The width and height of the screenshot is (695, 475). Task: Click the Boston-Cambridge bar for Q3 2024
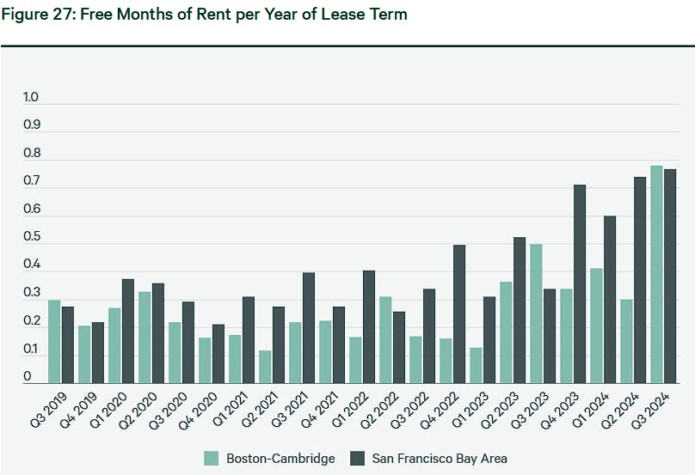[x=656, y=274]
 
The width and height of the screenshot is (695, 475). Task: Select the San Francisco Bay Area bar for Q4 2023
[x=580, y=283]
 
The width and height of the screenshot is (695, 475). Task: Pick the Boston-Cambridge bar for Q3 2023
[x=536, y=314]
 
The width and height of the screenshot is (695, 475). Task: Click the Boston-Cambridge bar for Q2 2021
[x=265, y=367]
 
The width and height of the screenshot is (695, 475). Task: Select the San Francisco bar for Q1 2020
[x=128, y=331]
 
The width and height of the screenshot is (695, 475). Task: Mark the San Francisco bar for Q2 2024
[x=640, y=280]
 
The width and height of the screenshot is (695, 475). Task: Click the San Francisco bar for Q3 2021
[x=309, y=327]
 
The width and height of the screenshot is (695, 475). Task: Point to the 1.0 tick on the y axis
[x=32, y=98]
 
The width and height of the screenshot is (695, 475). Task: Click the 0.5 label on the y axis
[x=32, y=238]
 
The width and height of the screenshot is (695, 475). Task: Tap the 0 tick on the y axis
[x=28, y=377]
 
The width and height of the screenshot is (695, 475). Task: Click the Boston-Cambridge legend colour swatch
[x=212, y=458]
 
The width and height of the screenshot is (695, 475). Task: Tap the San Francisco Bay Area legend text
[x=440, y=458]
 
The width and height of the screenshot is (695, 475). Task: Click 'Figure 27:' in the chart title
[x=35, y=15]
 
